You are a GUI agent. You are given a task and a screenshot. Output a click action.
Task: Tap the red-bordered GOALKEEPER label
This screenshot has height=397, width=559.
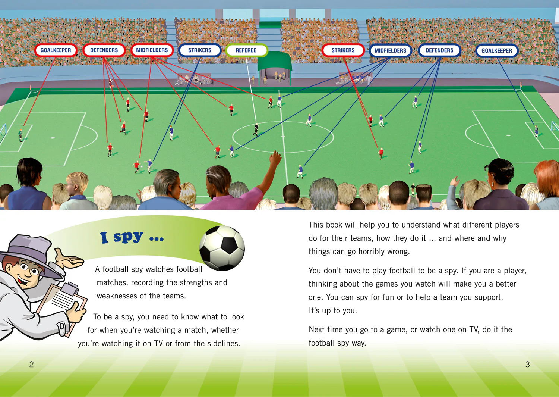[x=56, y=50]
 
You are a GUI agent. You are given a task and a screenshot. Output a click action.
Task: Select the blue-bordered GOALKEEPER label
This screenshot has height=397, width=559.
[x=497, y=50]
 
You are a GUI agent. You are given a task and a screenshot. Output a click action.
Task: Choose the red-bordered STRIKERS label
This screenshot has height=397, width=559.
[x=343, y=50]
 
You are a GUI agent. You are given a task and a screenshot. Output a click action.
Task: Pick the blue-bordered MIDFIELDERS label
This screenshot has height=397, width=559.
[x=390, y=50]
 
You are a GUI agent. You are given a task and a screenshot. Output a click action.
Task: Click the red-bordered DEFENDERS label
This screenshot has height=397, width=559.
[x=104, y=50]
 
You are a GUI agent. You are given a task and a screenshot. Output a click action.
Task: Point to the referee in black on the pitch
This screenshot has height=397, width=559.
[x=256, y=130]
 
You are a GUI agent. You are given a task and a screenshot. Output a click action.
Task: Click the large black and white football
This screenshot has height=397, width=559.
[x=222, y=248]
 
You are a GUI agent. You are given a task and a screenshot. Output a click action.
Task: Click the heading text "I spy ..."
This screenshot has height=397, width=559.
[x=132, y=237]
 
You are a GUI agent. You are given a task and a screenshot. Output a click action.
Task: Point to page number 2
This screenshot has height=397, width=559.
[x=31, y=364]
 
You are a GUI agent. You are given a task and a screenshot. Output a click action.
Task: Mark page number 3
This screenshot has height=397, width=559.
[x=527, y=364]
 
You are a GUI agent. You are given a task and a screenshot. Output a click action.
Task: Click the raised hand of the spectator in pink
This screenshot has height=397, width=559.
[x=275, y=158]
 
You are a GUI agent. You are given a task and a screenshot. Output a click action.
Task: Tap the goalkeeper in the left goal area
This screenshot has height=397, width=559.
[x=20, y=135]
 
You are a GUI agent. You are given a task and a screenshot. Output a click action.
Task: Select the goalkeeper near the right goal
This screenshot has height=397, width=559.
[x=536, y=131]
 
